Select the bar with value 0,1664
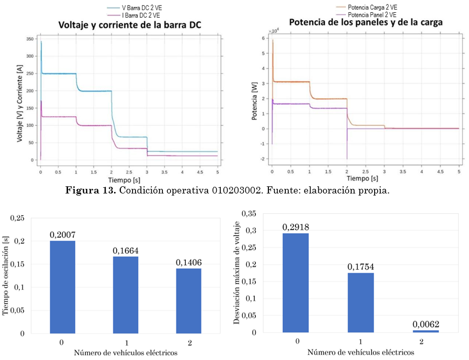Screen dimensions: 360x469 tap(125, 295)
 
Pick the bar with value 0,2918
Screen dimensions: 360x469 tap(296, 283)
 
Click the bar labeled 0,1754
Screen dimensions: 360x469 tap(360, 303)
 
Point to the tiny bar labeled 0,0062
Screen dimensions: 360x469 tap(425, 331)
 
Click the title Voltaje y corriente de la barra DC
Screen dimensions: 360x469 tap(126, 25)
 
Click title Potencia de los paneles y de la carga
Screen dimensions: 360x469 tap(365, 22)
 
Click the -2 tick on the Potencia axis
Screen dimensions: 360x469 tap(263, 159)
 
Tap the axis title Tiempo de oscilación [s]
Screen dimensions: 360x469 tap(7, 277)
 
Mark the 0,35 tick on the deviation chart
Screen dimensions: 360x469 tap(249, 213)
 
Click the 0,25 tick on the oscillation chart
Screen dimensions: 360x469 tap(17, 218)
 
